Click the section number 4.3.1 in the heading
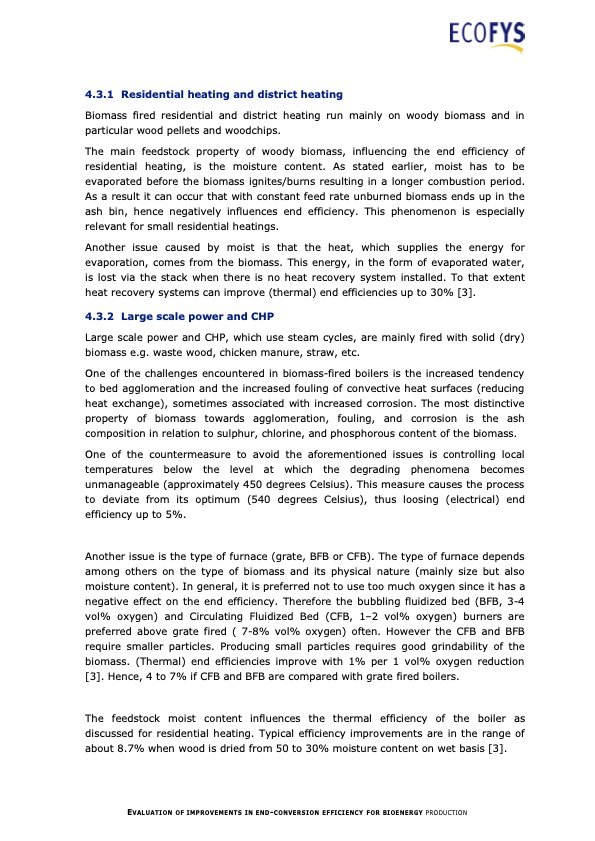103,94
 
